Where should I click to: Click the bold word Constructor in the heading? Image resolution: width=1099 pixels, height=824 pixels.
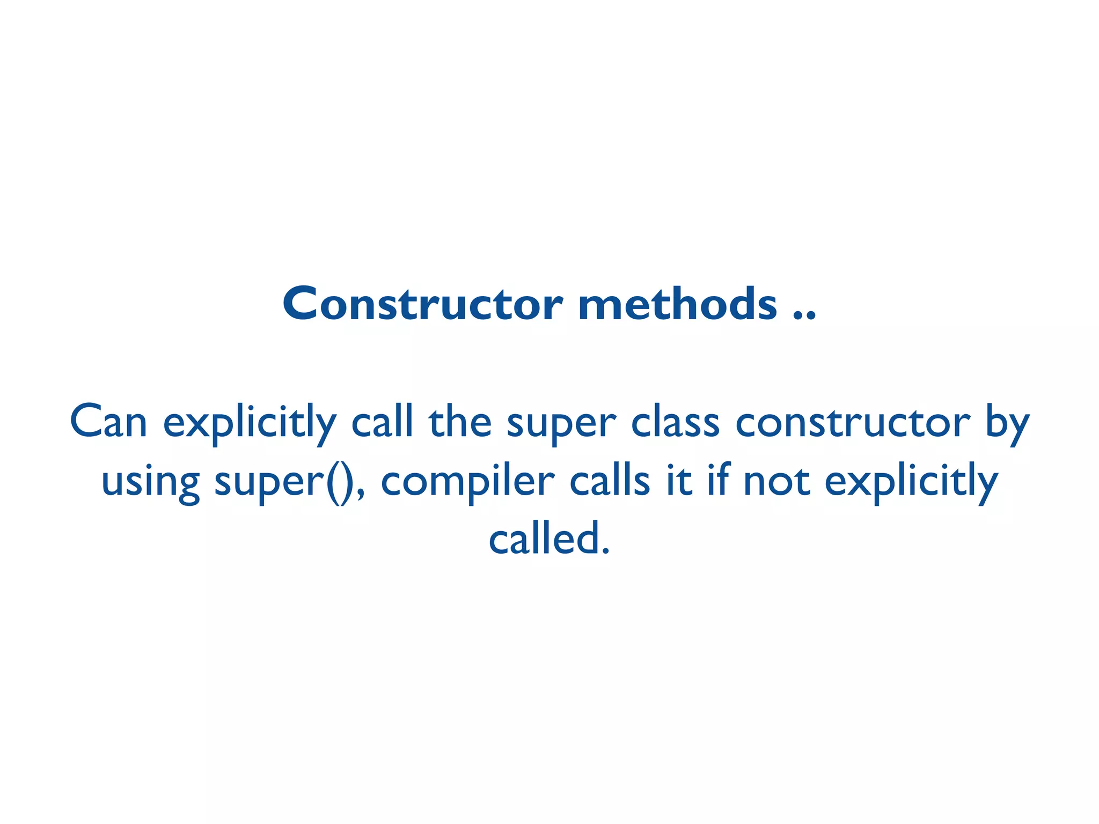(x=422, y=304)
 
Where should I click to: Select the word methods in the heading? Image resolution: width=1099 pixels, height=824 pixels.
(x=678, y=304)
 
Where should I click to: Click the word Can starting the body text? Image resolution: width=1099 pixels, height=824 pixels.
(x=108, y=422)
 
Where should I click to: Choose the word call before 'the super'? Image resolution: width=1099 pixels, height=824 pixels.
(x=382, y=422)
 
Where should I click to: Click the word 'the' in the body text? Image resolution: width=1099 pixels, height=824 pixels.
(x=460, y=422)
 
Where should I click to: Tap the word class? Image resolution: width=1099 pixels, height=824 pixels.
(x=675, y=422)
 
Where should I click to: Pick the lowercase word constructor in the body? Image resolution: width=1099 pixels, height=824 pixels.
(x=853, y=422)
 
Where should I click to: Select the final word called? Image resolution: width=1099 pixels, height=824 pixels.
(x=549, y=539)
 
